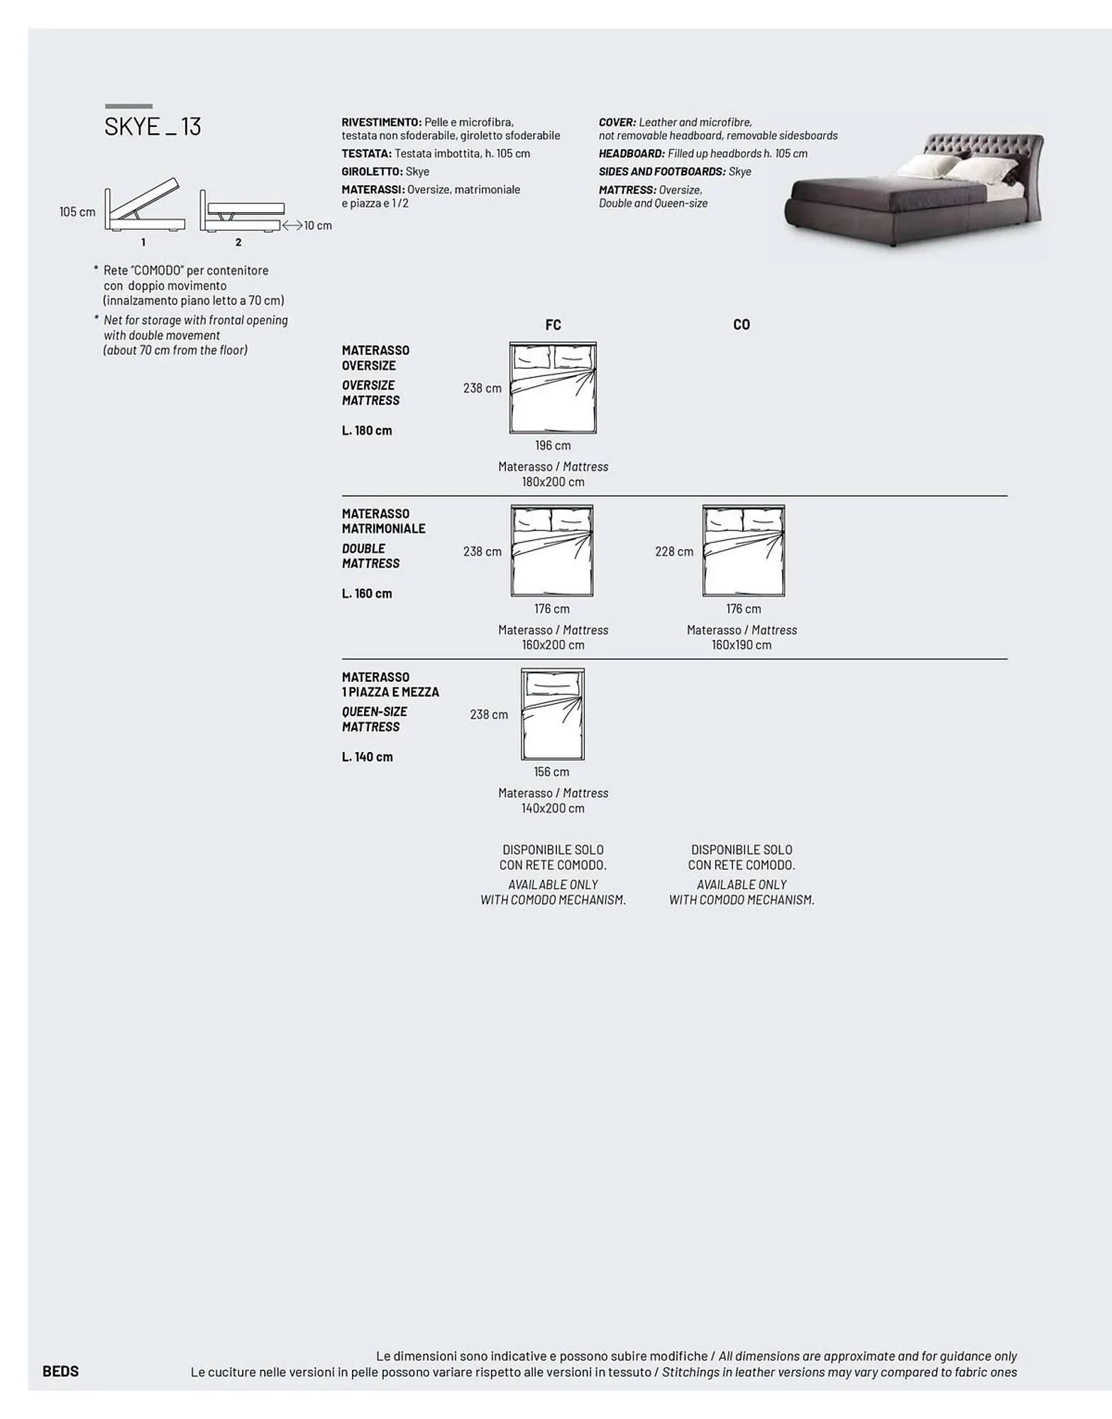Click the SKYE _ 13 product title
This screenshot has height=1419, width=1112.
[x=153, y=126]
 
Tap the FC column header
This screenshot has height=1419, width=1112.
[x=553, y=325]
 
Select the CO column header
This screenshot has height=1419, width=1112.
[x=741, y=325]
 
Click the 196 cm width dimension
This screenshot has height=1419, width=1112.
[x=553, y=446]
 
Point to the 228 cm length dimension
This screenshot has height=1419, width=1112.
[x=674, y=551]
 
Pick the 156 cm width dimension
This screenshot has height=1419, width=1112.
[x=551, y=772]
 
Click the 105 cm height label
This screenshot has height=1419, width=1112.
[x=77, y=212]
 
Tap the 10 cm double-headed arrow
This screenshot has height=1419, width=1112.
[x=292, y=226]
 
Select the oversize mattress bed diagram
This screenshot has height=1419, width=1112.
[x=553, y=388]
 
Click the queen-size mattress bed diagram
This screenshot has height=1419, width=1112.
[x=552, y=714]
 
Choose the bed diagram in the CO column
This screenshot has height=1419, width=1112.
[x=744, y=551]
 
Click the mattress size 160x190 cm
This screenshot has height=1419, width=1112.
[x=742, y=645]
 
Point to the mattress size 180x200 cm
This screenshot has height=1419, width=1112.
[x=553, y=482]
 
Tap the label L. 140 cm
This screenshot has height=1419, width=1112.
[x=367, y=757]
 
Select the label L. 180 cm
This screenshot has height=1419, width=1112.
[x=367, y=431]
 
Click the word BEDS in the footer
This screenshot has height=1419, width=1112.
[x=60, y=1371]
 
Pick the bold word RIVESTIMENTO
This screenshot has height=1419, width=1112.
[x=381, y=123]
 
